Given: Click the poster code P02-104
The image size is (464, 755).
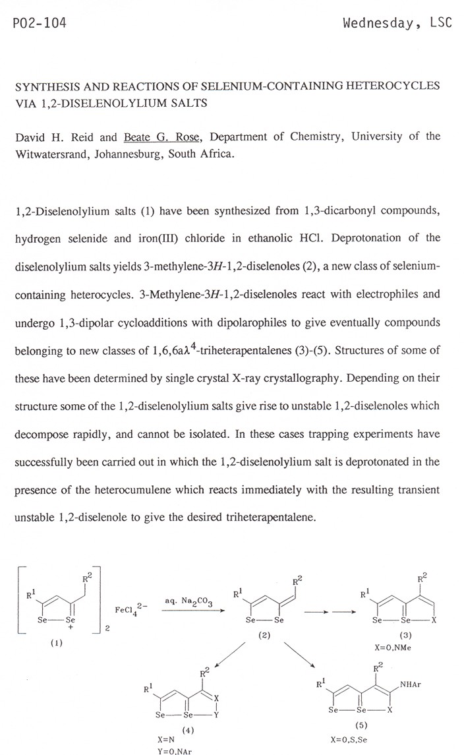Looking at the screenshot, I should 40,24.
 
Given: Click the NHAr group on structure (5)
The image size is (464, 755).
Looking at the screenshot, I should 410,684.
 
